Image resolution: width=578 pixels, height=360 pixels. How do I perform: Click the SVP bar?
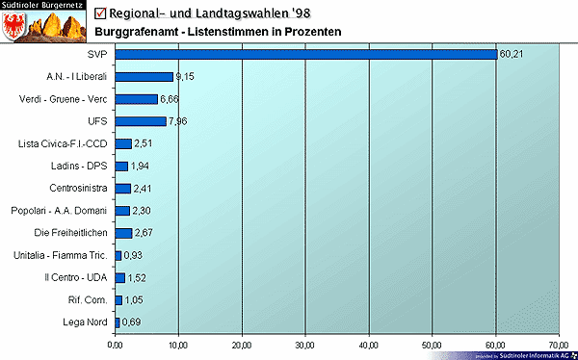coord(305,54)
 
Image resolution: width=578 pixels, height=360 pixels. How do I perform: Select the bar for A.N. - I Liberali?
coord(144,76)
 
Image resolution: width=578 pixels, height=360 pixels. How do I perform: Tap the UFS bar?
coord(140,121)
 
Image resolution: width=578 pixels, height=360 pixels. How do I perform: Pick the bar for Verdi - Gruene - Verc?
coord(136,99)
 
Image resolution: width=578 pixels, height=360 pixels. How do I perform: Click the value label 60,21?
coord(512,54)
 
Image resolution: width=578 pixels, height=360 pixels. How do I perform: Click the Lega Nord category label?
coord(85,321)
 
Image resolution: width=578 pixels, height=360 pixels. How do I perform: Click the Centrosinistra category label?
coord(77,188)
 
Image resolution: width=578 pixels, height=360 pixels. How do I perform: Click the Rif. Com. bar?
coord(118,299)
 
